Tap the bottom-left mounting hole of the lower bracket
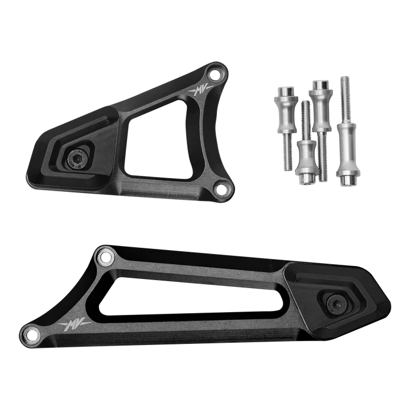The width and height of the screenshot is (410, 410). click(32, 333)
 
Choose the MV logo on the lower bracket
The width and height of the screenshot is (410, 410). click(74, 324)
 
